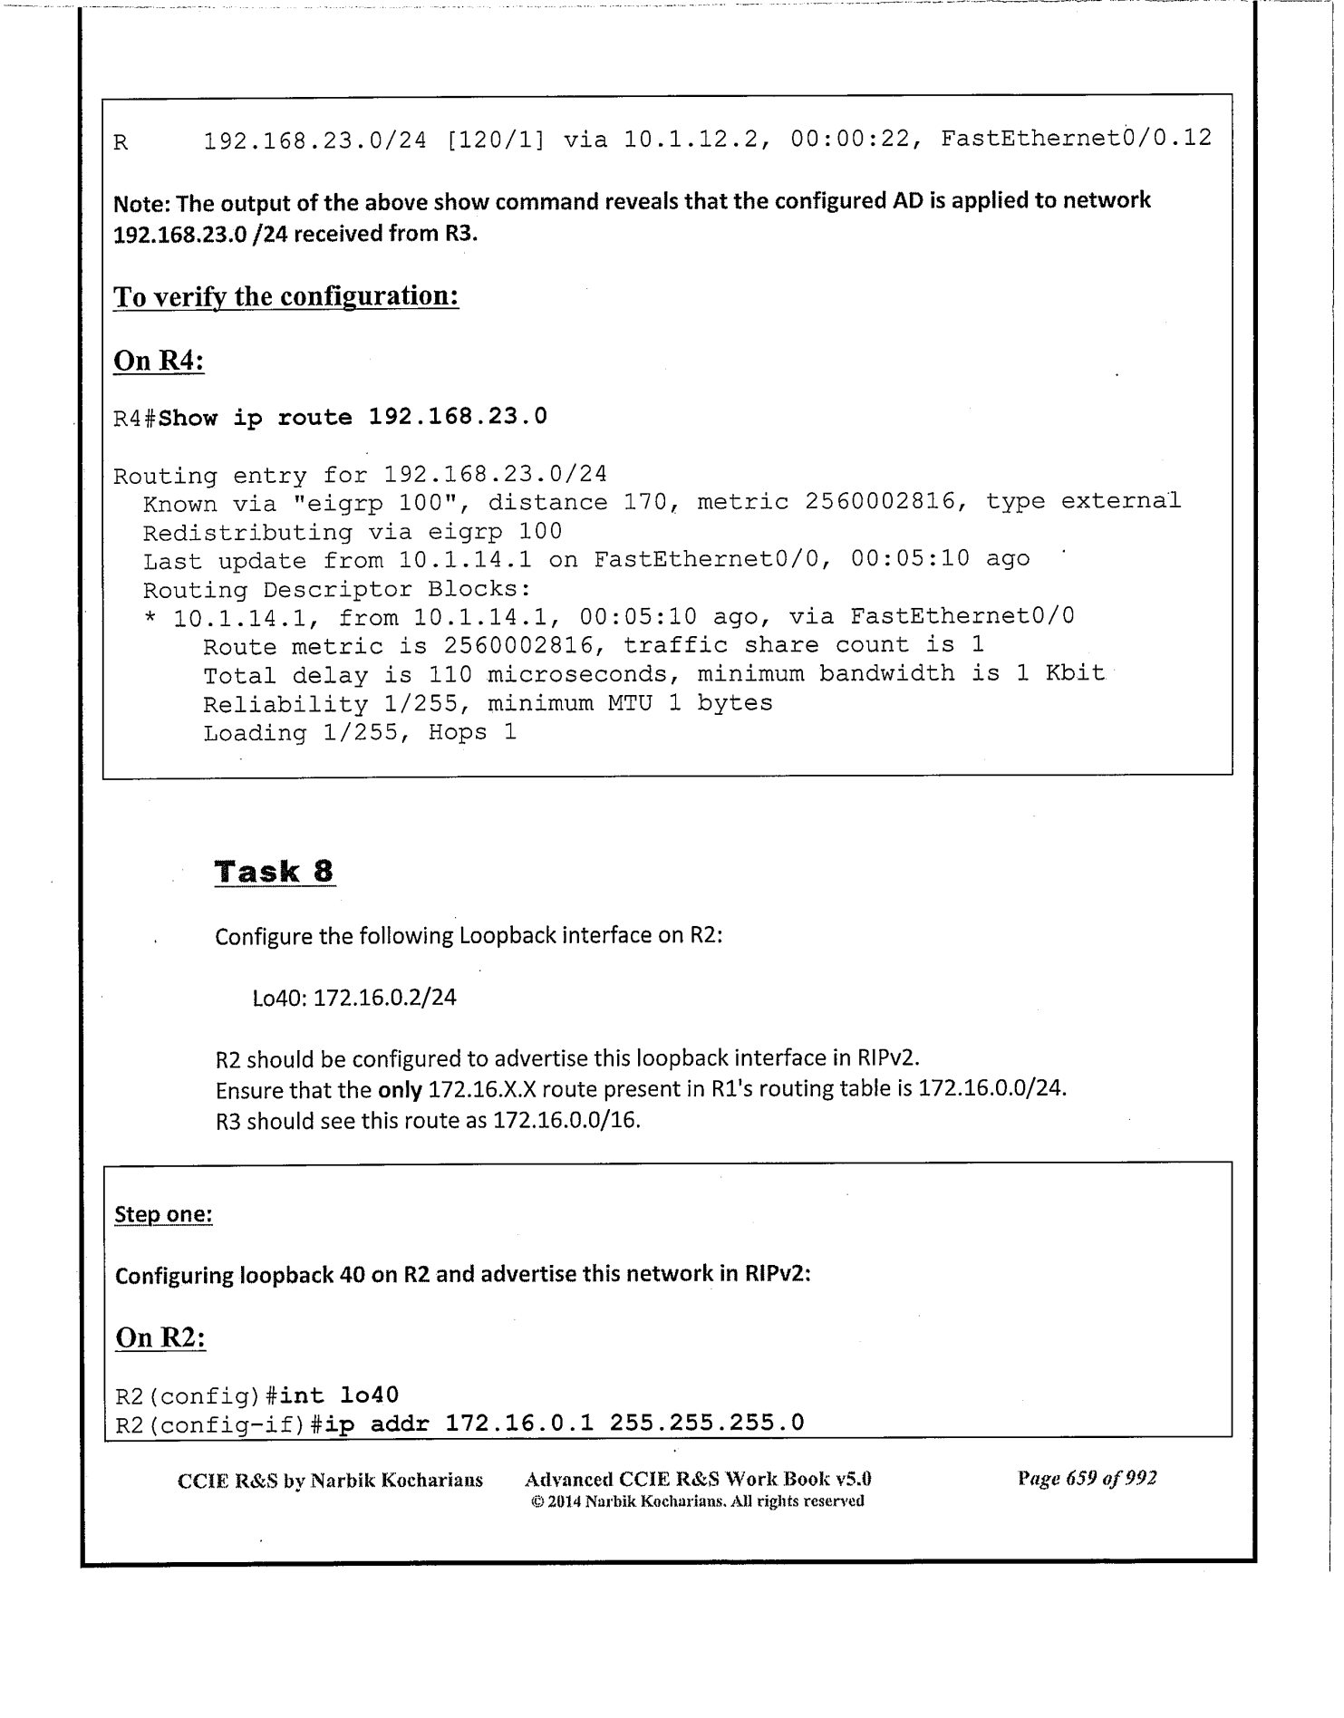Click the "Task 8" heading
click(275, 872)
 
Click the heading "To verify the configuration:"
click(285, 296)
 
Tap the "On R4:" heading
click(159, 361)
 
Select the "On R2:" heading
click(160, 1337)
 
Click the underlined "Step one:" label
click(163, 1214)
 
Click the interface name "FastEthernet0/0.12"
click(1076, 139)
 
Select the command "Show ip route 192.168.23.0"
click(353, 418)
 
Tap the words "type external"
click(1083, 501)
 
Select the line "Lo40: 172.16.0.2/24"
click(354, 999)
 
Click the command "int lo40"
click(339, 1395)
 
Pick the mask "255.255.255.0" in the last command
click(707, 1423)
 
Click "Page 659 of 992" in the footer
click(1087, 1479)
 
